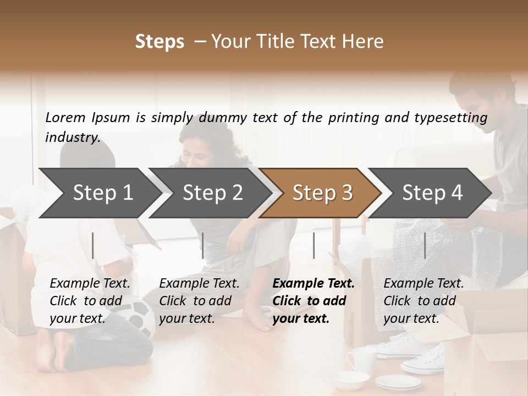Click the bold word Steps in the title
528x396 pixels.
(x=159, y=42)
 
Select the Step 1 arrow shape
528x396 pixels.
(x=99, y=193)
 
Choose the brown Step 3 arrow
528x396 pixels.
(x=322, y=193)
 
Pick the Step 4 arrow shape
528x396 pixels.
(x=432, y=193)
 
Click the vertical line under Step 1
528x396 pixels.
(x=93, y=245)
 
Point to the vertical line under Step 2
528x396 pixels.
(x=203, y=245)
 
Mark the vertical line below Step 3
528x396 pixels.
(x=313, y=245)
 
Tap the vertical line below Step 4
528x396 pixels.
(x=425, y=245)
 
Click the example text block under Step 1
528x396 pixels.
(x=90, y=301)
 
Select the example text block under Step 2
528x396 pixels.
(x=199, y=301)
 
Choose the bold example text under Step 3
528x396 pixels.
(x=313, y=301)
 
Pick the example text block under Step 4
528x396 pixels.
(x=424, y=301)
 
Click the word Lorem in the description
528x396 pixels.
(x=65, y=117)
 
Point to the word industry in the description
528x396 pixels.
(x=73, y=137)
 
